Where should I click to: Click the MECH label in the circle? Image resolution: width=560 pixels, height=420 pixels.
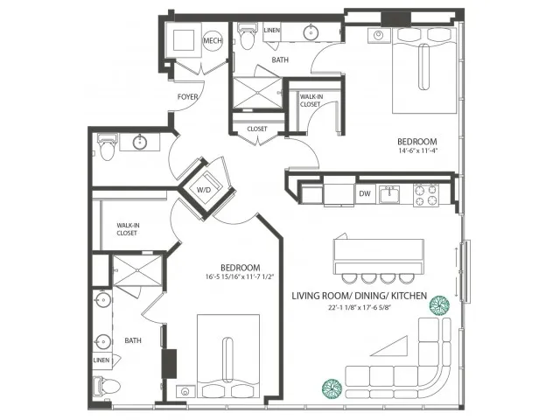[213, 41]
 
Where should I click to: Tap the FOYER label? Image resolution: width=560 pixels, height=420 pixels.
[186, 96]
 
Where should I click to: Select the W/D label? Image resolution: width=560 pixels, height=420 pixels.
[204, 189]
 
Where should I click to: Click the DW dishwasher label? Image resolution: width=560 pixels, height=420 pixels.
[365, 194]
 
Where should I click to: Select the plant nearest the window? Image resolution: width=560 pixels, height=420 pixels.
[439, 305]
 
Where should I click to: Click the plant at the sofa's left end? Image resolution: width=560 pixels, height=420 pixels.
[331, 386]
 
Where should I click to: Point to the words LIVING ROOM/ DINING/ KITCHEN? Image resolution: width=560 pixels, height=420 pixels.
[359, 297]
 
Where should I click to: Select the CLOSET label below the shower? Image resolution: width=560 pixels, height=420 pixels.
[257, 129]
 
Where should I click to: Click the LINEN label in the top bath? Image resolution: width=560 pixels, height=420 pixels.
[271, 31]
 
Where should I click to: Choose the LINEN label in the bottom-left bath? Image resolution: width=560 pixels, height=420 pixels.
[101, 360]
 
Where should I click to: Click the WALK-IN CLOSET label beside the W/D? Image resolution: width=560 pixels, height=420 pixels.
[129, 228]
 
